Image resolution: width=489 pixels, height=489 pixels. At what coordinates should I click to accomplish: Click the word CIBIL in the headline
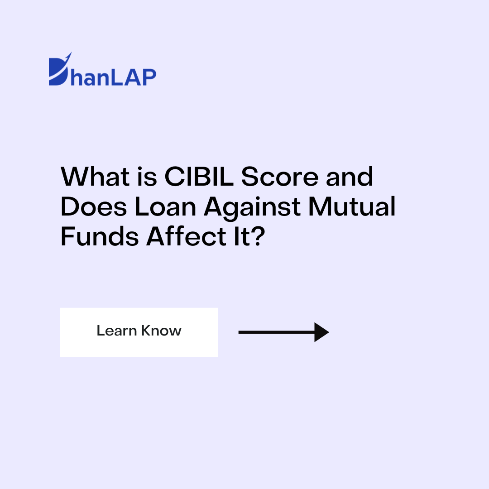[199, 177]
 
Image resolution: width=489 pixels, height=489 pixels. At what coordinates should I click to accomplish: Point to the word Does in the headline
[93, 206]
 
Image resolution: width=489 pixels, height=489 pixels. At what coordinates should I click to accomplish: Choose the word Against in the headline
[252, 206]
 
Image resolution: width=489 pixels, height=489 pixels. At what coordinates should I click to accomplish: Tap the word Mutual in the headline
[352, 206]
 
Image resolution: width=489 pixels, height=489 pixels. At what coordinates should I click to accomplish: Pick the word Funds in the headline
[100, 236]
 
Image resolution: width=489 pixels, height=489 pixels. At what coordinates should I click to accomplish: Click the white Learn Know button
[139, 332]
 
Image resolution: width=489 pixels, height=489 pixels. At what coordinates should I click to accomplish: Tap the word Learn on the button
[116, 331]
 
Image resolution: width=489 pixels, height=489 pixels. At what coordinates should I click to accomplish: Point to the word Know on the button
[161, 331]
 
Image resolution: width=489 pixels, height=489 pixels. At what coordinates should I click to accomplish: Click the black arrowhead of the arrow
[321, 332]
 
